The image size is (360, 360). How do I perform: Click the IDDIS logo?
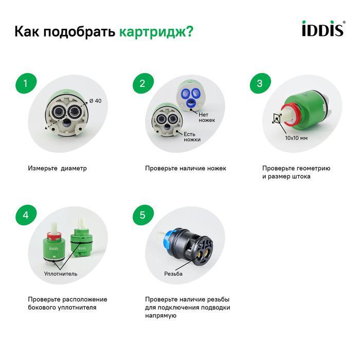[x=323, y=28]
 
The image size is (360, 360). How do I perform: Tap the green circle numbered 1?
[x=26, y=83]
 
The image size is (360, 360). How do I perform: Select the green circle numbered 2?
[x=143, y=83]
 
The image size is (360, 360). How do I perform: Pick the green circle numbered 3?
[x=260, y=83]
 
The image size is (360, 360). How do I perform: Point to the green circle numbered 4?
[x=26, y=215]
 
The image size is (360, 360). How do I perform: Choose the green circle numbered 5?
[x=143, y=215]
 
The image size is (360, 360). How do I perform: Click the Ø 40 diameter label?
[x=95, y=101]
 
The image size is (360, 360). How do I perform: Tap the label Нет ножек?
[x=207, y=117]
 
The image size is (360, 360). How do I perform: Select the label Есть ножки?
[x=192, y=137]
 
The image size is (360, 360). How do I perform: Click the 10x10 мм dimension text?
[x=296, y=138]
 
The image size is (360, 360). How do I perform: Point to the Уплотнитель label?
[x=61, y=274]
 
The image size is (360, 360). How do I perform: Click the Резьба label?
[x=173, y=274]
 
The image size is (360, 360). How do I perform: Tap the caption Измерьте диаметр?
[x=58, y=168]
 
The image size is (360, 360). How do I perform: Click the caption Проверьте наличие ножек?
[x=186, y=168]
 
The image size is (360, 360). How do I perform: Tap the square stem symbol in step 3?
[x=277, y=118]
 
